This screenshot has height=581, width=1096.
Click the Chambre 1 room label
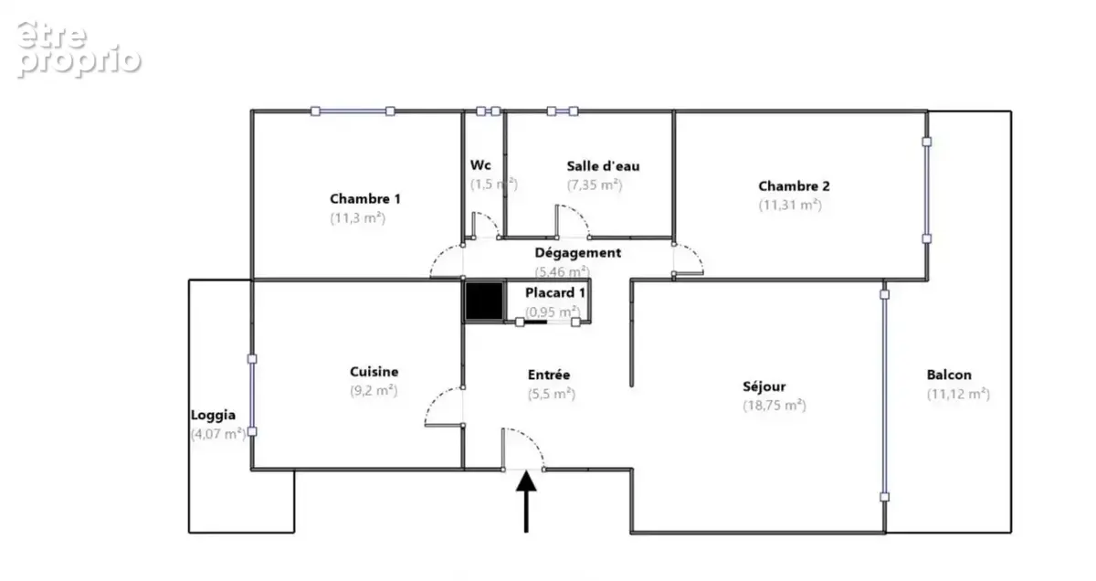[365, 199]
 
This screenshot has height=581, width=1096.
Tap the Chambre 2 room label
[794, 186]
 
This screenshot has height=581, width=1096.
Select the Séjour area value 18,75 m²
[775, 406]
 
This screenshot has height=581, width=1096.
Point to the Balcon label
[949, 375]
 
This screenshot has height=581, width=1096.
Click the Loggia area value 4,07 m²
[218, 434]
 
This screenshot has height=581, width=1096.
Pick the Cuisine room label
[374, 372]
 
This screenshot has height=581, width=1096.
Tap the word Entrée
[549, 375]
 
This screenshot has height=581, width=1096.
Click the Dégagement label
[577, 253]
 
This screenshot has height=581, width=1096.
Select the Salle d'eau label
[603, 166]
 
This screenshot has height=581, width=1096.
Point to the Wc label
[480, 165]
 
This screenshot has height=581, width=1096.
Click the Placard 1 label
[555, 292]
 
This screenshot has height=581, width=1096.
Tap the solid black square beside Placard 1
[484, 301]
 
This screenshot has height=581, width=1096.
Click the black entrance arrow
[526, 502]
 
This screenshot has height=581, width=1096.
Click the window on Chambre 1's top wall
[353, 111]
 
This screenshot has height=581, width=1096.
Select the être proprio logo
[79, 48]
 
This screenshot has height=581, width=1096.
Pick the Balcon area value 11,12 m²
[958, 394]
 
